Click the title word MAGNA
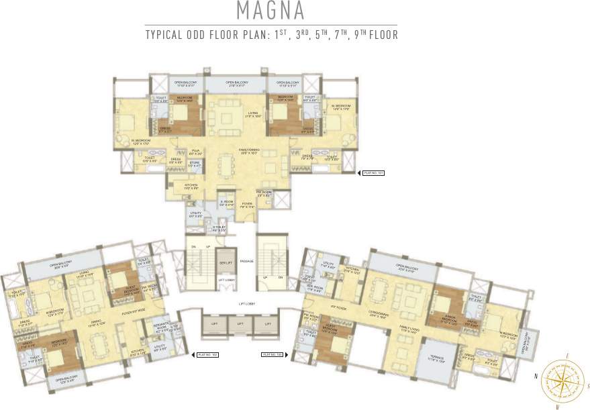[271, 11]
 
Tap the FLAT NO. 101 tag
[373, 172]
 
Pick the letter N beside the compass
[536, 377]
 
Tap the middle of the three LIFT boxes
[240, 323]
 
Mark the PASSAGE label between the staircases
[246, 260]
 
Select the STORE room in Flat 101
[195, 164]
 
